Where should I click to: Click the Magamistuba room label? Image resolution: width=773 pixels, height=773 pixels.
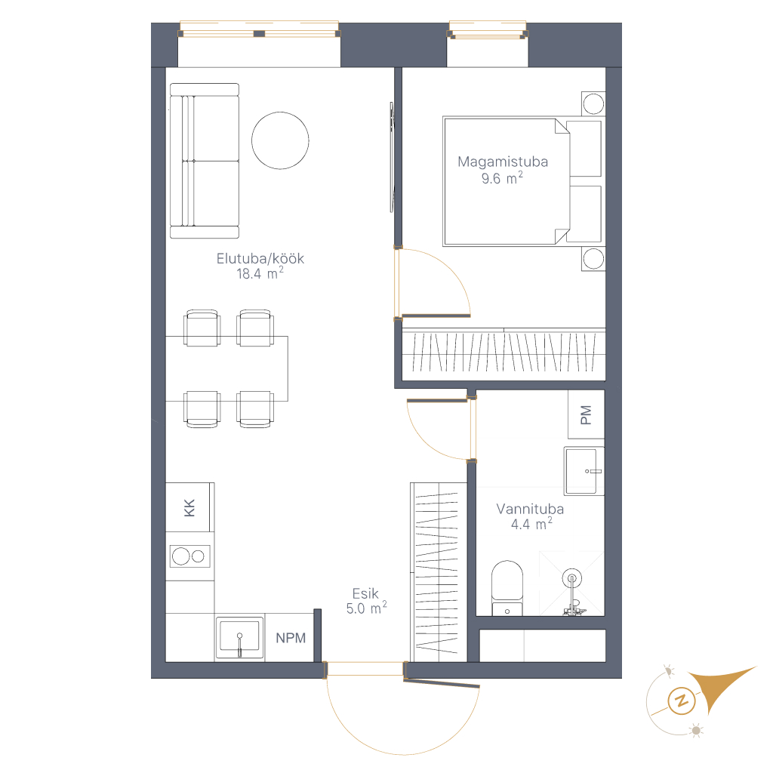502,162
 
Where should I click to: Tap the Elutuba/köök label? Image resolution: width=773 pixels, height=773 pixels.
260,258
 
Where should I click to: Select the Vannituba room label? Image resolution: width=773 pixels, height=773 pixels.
530,509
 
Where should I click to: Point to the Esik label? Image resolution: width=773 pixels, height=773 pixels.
365,593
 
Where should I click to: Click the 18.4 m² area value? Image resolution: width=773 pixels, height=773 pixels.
260,273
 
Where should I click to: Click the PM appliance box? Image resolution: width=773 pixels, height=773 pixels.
586,414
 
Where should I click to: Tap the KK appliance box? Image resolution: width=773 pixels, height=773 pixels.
189,507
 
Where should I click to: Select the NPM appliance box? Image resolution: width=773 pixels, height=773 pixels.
291,638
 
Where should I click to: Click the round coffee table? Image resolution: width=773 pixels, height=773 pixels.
280,140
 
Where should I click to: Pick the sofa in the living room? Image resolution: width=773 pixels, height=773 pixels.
205,161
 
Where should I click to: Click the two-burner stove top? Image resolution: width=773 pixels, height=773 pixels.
189,556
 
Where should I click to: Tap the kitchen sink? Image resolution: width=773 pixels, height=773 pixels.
239,637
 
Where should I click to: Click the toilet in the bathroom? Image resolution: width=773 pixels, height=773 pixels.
507,587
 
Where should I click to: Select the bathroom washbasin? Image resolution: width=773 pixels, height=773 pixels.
584,471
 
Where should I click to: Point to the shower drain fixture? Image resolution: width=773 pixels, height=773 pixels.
572,577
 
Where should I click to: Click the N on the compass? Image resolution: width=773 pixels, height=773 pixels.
682,700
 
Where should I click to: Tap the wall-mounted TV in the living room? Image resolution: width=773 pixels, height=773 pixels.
392,157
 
